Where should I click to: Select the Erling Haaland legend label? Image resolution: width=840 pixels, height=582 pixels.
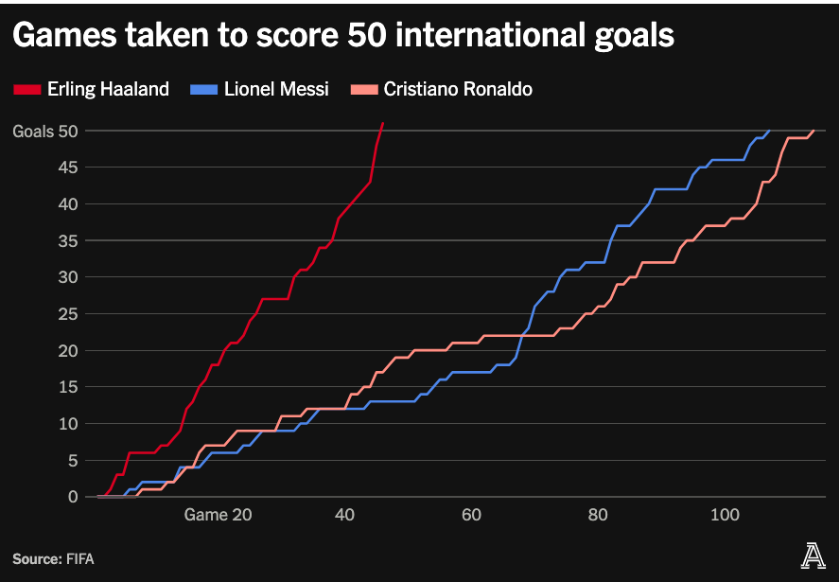[x=108, y=89]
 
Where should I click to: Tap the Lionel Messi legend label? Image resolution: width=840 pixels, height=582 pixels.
[x=276, y=89]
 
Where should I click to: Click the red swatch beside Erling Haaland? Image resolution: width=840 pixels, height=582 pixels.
[x=27, y=90]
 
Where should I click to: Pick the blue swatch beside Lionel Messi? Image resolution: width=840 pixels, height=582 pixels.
[x=204, y=90]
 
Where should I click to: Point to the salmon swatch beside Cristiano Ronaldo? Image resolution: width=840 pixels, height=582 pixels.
[x=364, y=90]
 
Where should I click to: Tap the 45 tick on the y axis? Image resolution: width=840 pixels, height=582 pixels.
[x=66, y=168]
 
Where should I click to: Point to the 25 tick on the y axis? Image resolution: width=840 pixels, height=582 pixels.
[x=66, y=314]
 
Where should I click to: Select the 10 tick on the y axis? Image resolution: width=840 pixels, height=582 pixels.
[x=66, y=423]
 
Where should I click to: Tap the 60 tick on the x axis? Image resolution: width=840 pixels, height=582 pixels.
[x=471, y=515]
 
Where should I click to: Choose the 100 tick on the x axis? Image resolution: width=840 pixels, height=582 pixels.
[x=725, y=515]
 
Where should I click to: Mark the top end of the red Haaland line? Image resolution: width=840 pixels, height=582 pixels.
[x=382, y=123]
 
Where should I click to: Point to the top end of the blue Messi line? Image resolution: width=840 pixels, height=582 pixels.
[x=769, y=131]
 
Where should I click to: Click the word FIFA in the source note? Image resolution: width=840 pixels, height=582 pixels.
[x=79, y=559]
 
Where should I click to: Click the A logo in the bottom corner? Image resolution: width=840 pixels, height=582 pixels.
[x=813, y=558]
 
